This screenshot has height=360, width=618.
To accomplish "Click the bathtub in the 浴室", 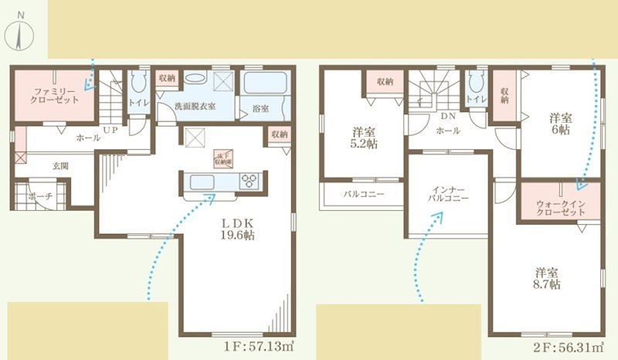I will pos(264,83).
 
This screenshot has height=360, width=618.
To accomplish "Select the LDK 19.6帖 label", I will pos(235,229).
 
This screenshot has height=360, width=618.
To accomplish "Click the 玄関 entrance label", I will pos(61,165).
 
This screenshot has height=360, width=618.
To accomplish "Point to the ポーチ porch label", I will pos(40,197).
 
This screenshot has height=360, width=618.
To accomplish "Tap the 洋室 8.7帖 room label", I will pos(545,278).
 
